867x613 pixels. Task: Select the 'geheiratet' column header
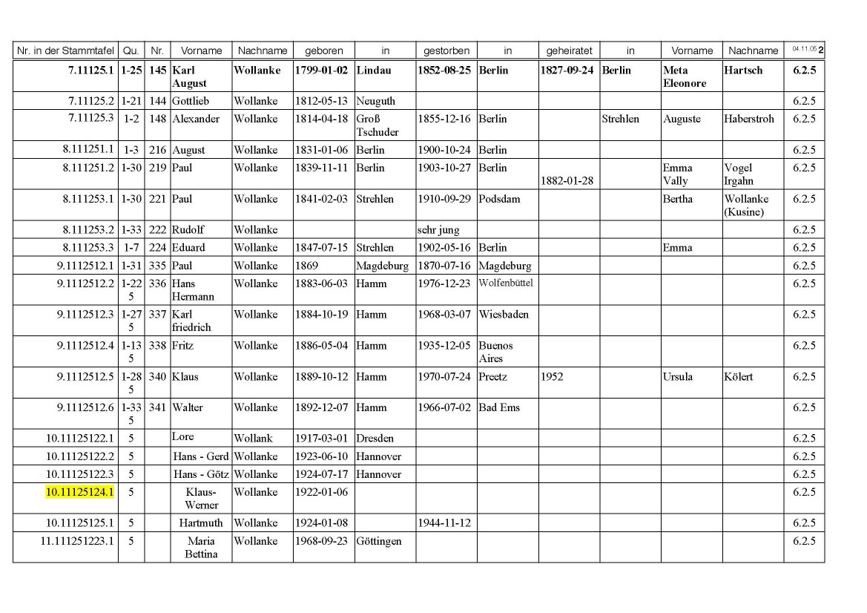coord(569,51)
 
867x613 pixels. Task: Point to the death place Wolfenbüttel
coord(506,283)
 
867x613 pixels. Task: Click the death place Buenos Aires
coord(495,352)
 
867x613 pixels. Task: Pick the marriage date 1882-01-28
coord(568,181)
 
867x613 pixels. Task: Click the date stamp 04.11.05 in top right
coord(803,49)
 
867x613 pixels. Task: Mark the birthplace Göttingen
coord(379,541)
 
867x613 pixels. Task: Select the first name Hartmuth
coord(200,523)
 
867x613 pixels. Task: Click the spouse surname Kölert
coord(739,377)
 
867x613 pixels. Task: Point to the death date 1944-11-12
coord(444,523)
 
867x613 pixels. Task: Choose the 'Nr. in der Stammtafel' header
coord(65,51)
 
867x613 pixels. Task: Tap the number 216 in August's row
coord(157,150)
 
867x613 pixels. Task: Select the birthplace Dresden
coord(375,439)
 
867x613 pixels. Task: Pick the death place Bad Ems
coord(499,407)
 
